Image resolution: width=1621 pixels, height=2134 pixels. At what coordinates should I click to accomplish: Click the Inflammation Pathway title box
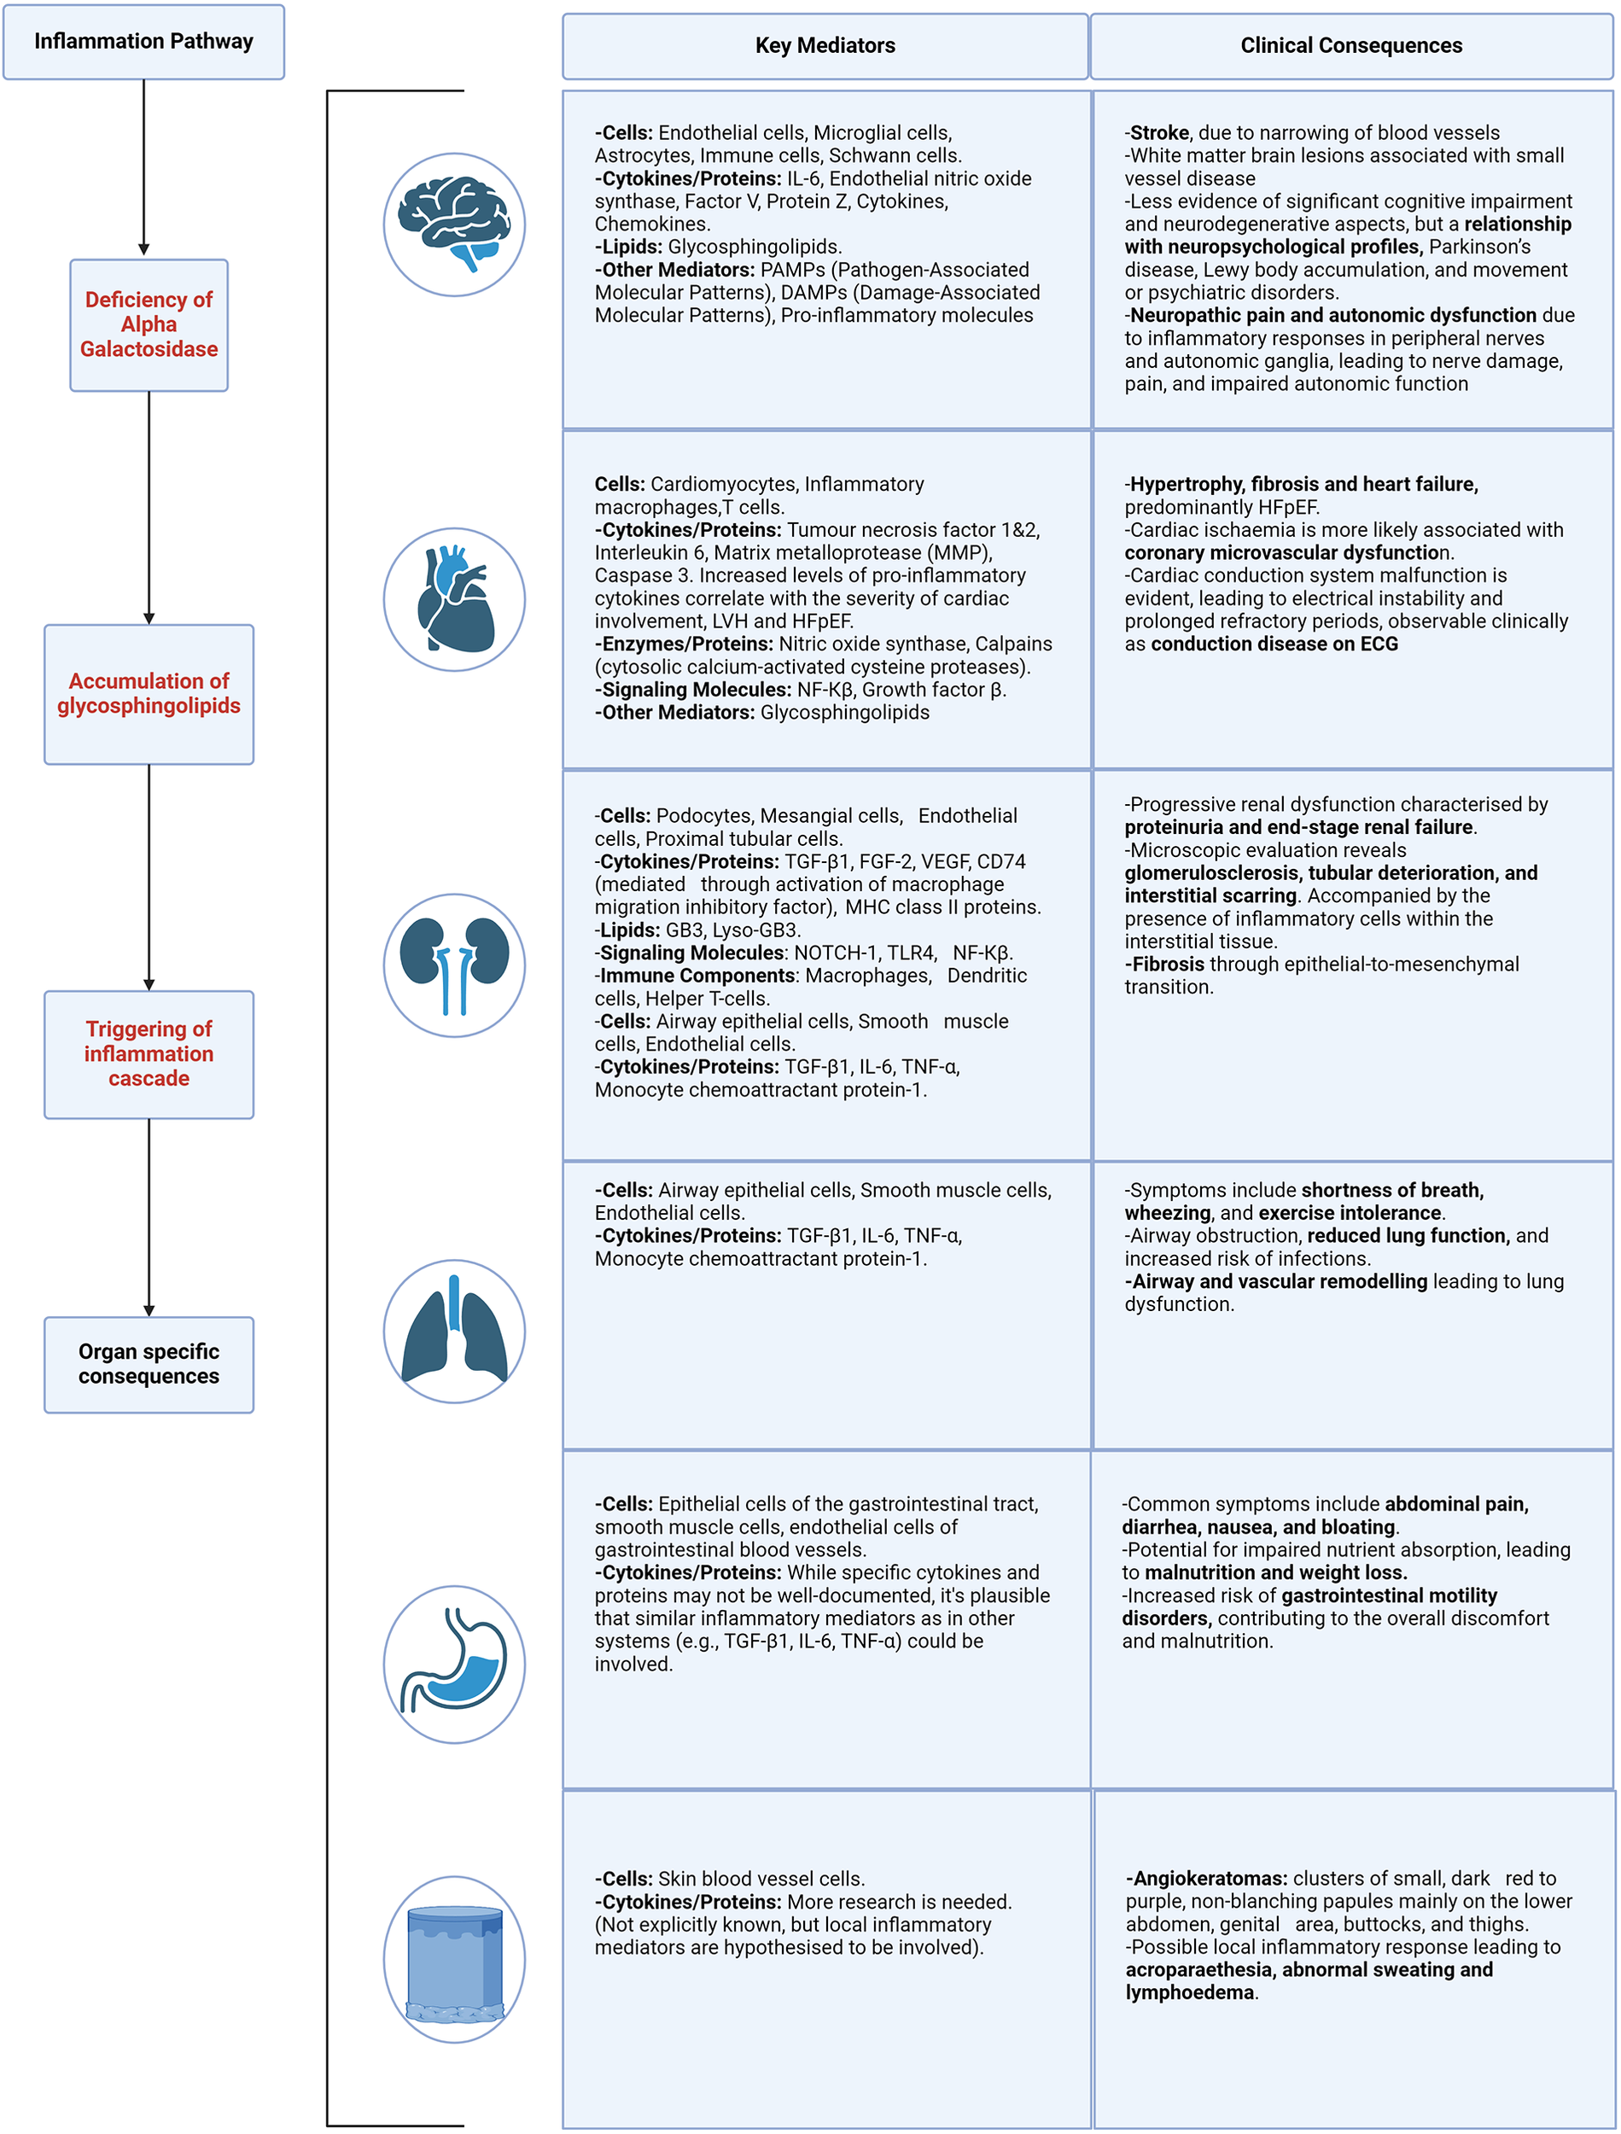click(143, 42)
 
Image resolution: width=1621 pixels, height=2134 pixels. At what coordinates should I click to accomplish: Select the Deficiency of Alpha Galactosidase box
click(149, 325)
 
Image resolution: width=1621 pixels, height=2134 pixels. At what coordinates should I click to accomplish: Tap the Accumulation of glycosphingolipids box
click(149, 694)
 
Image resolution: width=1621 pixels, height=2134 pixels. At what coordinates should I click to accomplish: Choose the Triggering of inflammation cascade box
click(149, 1053)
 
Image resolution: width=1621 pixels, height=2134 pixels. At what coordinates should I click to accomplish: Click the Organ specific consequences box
click(149, 1363)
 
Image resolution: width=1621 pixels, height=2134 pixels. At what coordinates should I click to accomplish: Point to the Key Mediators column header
click(825, 45)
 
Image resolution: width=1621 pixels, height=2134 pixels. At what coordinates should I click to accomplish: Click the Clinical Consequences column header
click(1350, 45)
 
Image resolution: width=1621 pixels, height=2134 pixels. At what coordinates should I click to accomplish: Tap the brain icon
click(454, 224)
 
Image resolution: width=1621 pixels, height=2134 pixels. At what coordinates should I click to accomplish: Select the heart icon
click(454, 599)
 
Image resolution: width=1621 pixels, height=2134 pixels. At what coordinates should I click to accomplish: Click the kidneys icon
click(454, 965)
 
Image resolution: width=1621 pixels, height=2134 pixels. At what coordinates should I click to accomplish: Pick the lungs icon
click(454, 1331)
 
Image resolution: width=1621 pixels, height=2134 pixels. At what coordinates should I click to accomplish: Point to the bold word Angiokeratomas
click(1210, 1878)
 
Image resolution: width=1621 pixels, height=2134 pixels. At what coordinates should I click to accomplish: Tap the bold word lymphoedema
click(1190, 1992)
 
